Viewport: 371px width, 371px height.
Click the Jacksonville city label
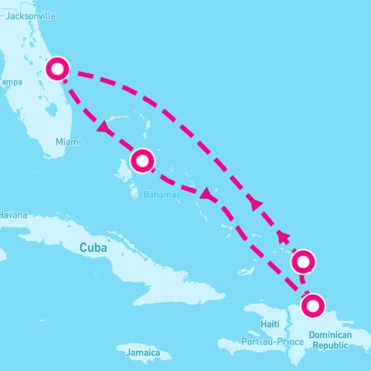(x=30, y=15)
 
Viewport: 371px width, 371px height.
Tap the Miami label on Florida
(x=68, y=142)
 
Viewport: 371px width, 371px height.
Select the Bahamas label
(x=162, y=196)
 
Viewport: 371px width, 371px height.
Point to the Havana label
(x=14, y=214)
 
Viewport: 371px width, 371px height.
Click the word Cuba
(x=93, y=247)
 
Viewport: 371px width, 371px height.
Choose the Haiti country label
(x=270, y=324)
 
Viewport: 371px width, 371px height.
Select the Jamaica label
(x=143, y=353)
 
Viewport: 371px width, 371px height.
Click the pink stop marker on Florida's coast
(x=57, y=69)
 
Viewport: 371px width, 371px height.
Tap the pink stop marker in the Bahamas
(x=143, y=161)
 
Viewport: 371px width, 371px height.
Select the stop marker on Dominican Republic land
(x=312, y=306)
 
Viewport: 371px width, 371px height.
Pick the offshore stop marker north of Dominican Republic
(x=304, y=262)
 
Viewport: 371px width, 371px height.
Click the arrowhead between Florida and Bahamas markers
(x=103, y=126)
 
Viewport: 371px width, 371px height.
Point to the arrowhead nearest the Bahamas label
(x=206, y=196)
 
